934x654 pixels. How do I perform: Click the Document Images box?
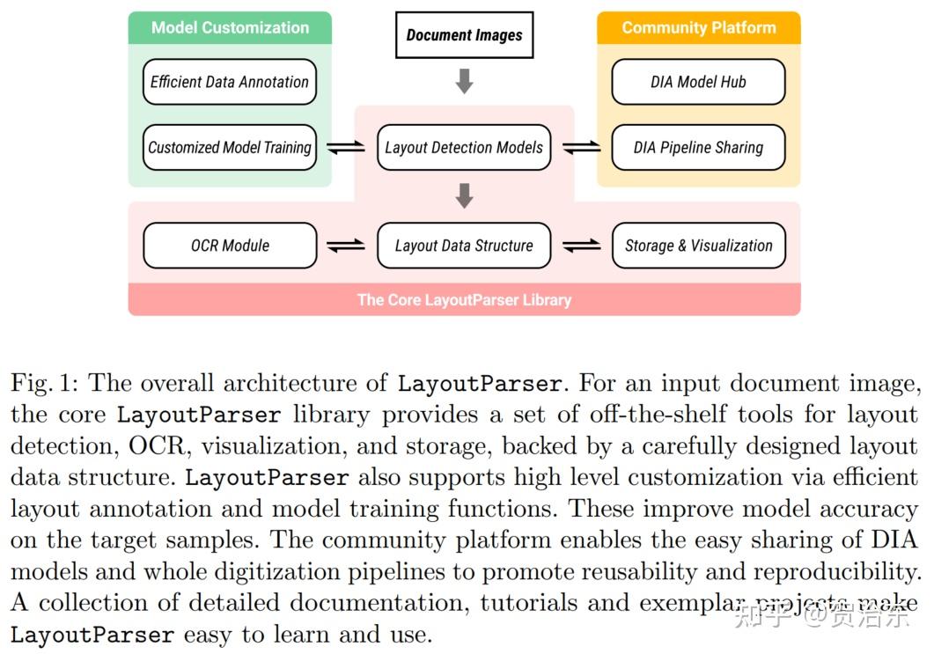pos(464,35)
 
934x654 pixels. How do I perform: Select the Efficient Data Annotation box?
pos(230,82)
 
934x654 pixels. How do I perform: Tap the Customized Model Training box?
pos(230,147)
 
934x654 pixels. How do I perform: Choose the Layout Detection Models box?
pos(464,147)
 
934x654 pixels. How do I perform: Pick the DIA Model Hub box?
pos(698,82)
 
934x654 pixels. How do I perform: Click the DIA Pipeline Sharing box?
pos(698,147)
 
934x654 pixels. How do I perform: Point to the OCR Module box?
pos(230,246)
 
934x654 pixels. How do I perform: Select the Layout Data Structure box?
pos(464,246)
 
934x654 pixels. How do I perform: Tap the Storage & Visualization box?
pos(698,246)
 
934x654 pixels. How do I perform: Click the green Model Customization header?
pos(230,27)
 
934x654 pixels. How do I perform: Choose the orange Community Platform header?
pos(698,27)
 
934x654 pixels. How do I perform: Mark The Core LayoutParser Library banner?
pos(464,299)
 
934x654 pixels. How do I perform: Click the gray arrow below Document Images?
pos(464,82)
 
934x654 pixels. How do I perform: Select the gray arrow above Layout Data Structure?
pos(464,195)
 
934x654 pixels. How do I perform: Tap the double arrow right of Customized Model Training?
pos(345,148)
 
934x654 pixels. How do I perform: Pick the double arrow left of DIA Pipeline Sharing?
pos(581,148)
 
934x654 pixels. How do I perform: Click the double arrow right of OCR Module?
pos(345,246)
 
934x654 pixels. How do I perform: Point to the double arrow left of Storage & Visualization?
pos(581,246)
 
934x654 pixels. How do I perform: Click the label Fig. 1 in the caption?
pos(45,384)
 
